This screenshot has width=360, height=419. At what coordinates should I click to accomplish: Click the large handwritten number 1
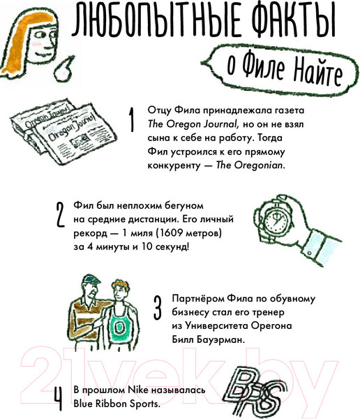(x=130, y=119)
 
